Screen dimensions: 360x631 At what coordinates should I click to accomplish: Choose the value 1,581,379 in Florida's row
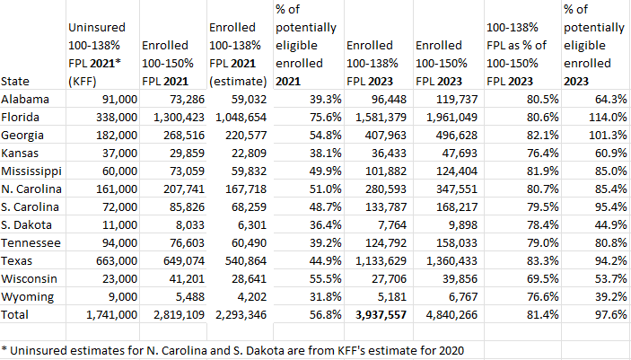click(375, 116)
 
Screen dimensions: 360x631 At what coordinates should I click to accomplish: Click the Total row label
click(16, 315)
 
